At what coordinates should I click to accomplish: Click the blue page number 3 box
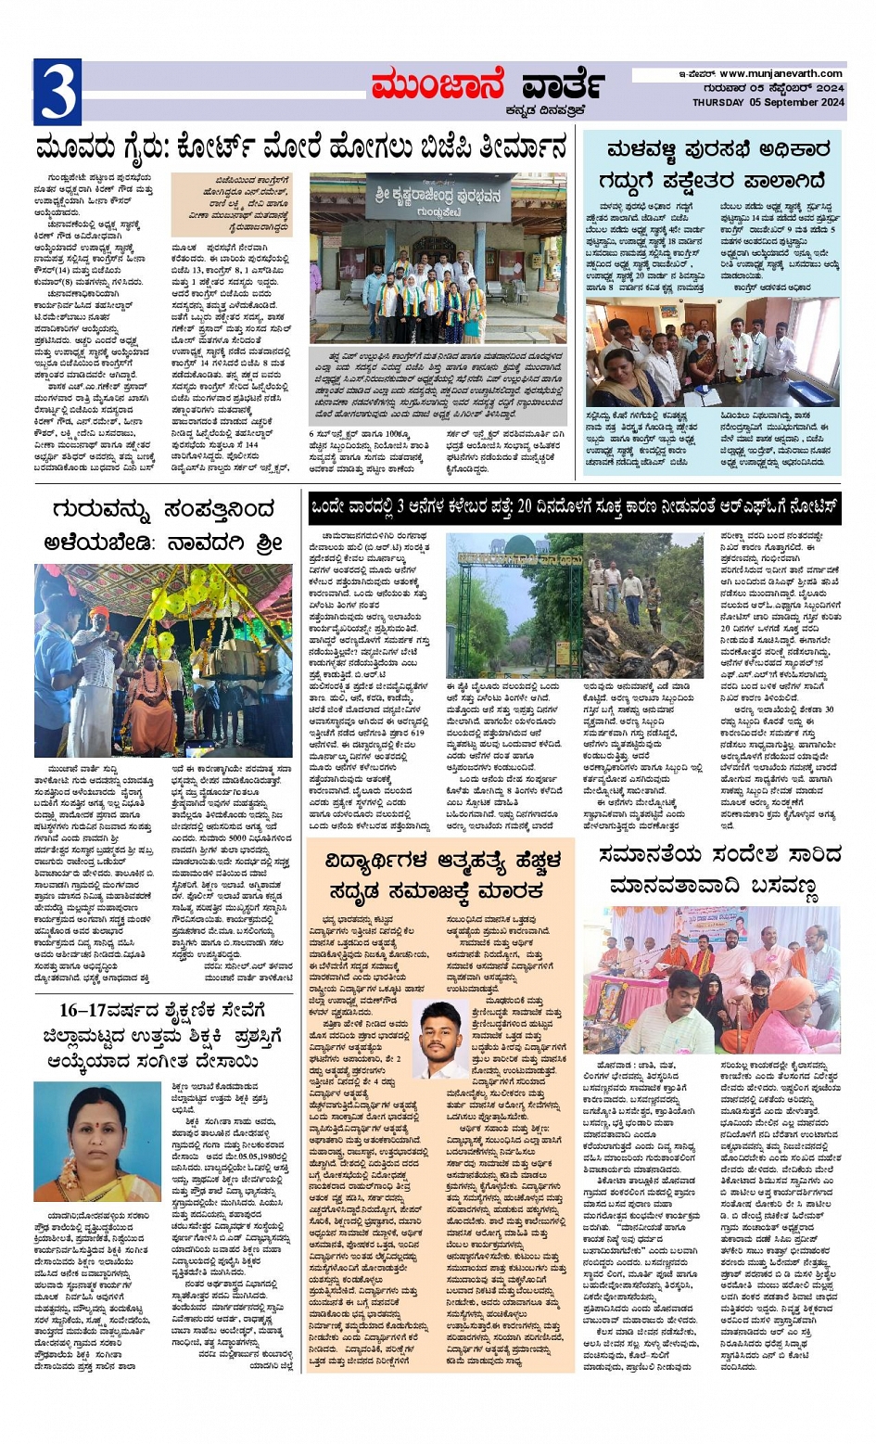(57, 92)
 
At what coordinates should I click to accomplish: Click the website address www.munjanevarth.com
(781, 74)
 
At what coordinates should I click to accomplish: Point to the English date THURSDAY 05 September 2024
(768, 103)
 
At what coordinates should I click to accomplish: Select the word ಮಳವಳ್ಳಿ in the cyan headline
(642, 150)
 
